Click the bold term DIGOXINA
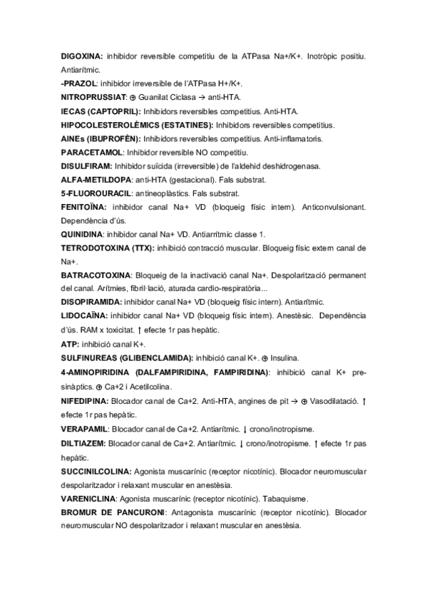pos(83,56)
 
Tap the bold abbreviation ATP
pos(69,344)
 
